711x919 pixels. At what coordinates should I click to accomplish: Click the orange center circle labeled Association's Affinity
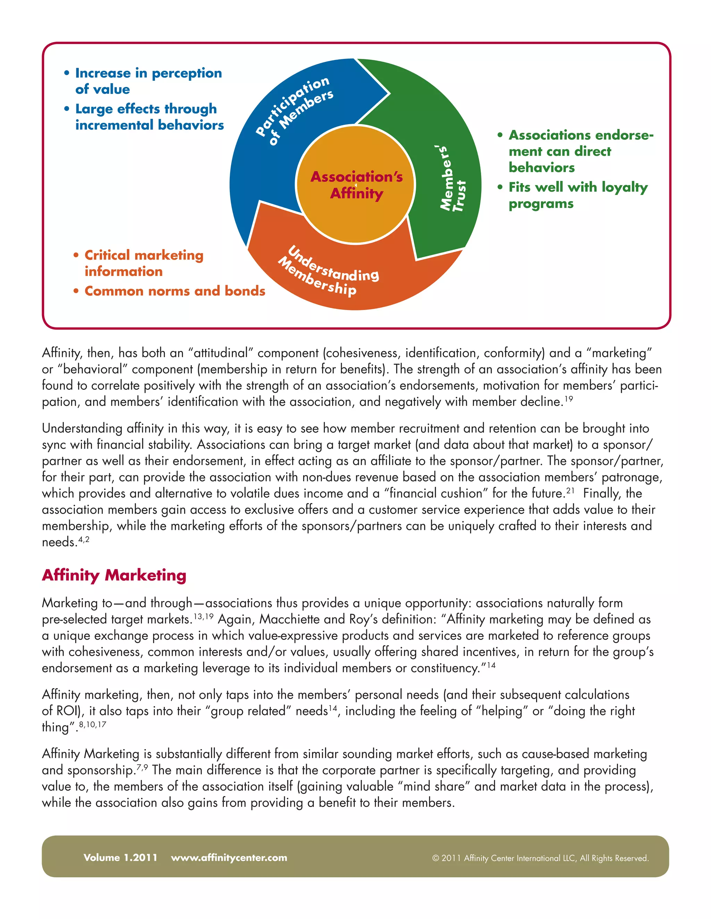click(356, 185)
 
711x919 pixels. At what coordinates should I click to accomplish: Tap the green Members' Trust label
click(452, 179)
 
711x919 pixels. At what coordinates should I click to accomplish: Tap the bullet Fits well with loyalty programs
click(577, 195)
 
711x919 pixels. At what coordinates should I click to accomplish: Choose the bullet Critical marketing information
click(143, 263)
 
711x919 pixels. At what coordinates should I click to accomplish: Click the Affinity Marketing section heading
click(114, 575)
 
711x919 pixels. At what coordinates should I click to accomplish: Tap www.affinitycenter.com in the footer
click(229, 858)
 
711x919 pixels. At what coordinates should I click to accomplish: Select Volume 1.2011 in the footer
click(120, 858)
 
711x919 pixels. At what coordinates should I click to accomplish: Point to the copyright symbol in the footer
click(436, 858)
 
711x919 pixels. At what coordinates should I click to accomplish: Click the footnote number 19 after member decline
click(569, 398)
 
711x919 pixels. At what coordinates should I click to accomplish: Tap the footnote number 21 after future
click(570, 490)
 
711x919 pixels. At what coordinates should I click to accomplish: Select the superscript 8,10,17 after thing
click(92, 724)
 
